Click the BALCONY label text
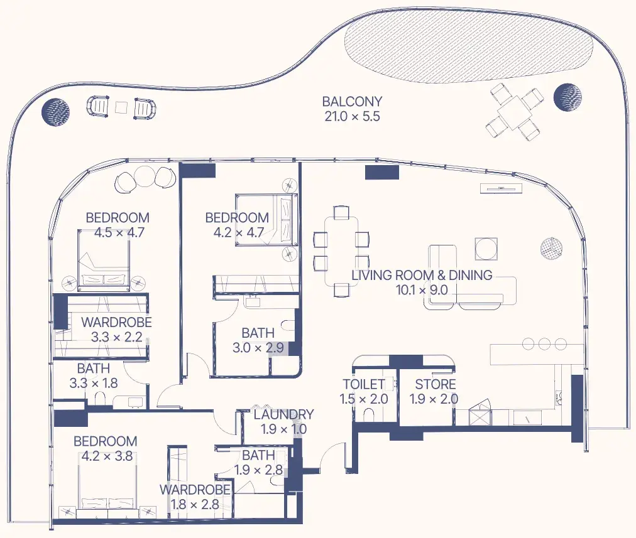(352, 101)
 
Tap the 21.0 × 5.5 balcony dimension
(352, 117)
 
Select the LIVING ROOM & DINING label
(422, 276)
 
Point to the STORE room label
(436, 384)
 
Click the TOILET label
(364, 384)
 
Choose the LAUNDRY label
(283, 414)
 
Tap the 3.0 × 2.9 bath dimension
(258, 348)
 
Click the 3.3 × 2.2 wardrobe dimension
(116, 337)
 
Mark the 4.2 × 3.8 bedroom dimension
(107, 456)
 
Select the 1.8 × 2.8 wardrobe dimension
(195, 505)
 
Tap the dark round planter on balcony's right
(567, 97)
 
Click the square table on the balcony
(515, 111)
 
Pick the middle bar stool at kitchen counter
(544, 344)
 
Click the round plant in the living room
(551, 247)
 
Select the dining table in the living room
(341, 251)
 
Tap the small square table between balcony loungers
(121, 107)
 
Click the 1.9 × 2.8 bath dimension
(258, 470)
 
